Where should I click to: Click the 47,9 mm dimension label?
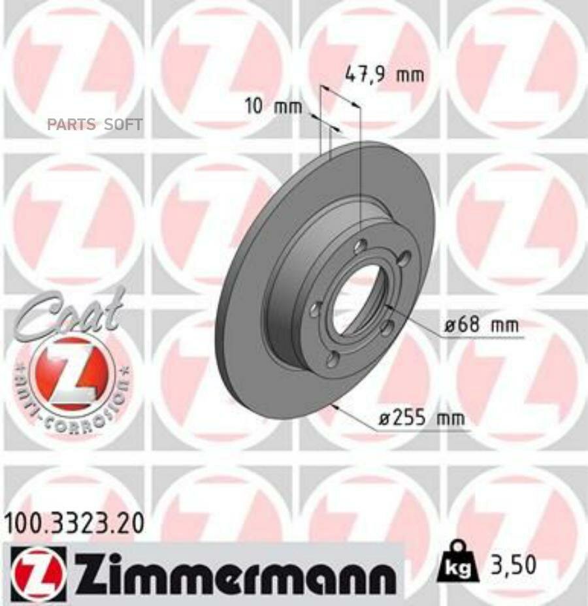point(384,74)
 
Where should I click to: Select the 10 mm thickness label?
point(273,106)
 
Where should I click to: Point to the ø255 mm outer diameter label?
point(421,419)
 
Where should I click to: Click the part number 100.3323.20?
point(74,523)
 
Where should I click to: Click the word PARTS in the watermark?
point(71,125)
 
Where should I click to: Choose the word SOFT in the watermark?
point(123,125)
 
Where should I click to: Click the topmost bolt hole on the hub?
point(360,247)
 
